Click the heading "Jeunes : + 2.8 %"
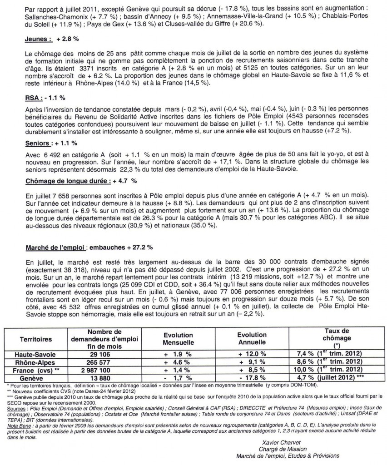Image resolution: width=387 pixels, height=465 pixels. [47, 40]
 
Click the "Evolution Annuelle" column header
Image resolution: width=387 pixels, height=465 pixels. [252, 339]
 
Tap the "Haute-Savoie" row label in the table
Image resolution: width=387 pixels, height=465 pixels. [42, 353]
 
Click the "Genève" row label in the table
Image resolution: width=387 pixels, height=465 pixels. [42, 378]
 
